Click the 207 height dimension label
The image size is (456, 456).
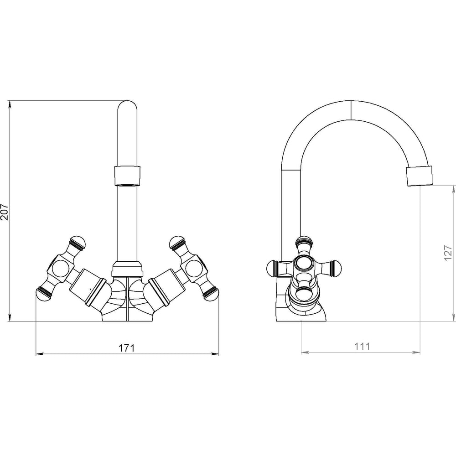[5, 212]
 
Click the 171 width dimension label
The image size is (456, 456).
[126, 348]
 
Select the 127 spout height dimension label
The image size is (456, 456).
[448, 253]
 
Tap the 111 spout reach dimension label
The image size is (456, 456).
[362, 347]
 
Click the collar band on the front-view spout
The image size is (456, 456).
[127, 176]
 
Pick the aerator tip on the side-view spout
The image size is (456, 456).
[420, 176]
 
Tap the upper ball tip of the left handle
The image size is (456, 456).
[78, 243]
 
